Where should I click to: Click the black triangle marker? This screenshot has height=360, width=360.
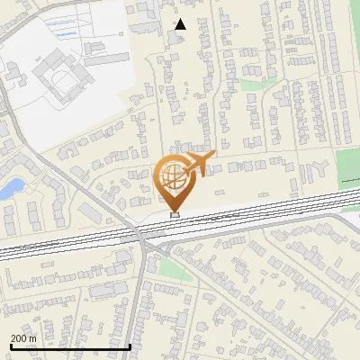[x=181, y=24]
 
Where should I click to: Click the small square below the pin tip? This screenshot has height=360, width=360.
[x=175, y=214]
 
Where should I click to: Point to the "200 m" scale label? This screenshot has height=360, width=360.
[x=22, y=338]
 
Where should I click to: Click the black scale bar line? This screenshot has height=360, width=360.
[x=70, y=346]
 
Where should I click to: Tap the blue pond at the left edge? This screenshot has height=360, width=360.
[x=13, y=188]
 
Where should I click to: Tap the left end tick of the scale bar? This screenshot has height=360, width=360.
[x=11, y=346]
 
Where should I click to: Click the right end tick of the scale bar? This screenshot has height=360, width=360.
[x=130, y=346]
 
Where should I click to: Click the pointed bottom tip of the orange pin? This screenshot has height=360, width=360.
[x=175, y=209]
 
